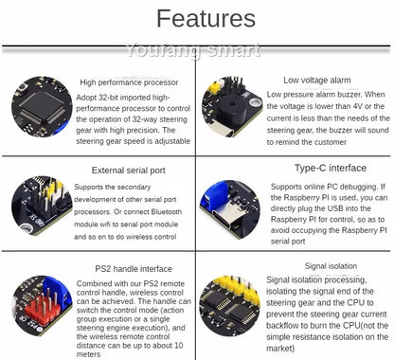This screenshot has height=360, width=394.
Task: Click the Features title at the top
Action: pyautogui.click(x=206, y=19)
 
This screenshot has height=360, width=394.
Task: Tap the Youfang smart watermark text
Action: pyautogui.click(x=197, y=47)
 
